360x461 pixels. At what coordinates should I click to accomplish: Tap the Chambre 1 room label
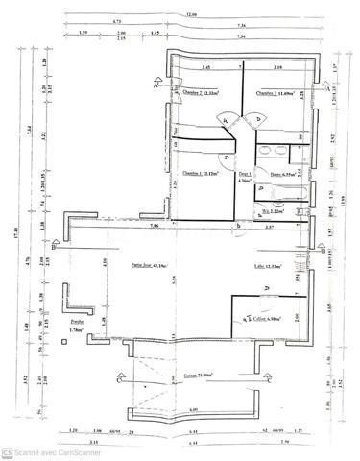(x=200, y=174)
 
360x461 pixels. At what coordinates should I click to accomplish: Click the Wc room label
(x=275, y=209)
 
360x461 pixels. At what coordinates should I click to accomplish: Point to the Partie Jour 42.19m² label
(x=149, y=265)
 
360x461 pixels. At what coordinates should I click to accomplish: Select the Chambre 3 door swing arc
(x=255, y=121)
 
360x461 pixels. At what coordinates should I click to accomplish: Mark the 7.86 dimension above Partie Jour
(x=154, y=225)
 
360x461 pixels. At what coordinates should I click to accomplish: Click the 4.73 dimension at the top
(x=116, y=20)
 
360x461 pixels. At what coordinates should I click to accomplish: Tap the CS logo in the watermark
(x=7, y=452)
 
